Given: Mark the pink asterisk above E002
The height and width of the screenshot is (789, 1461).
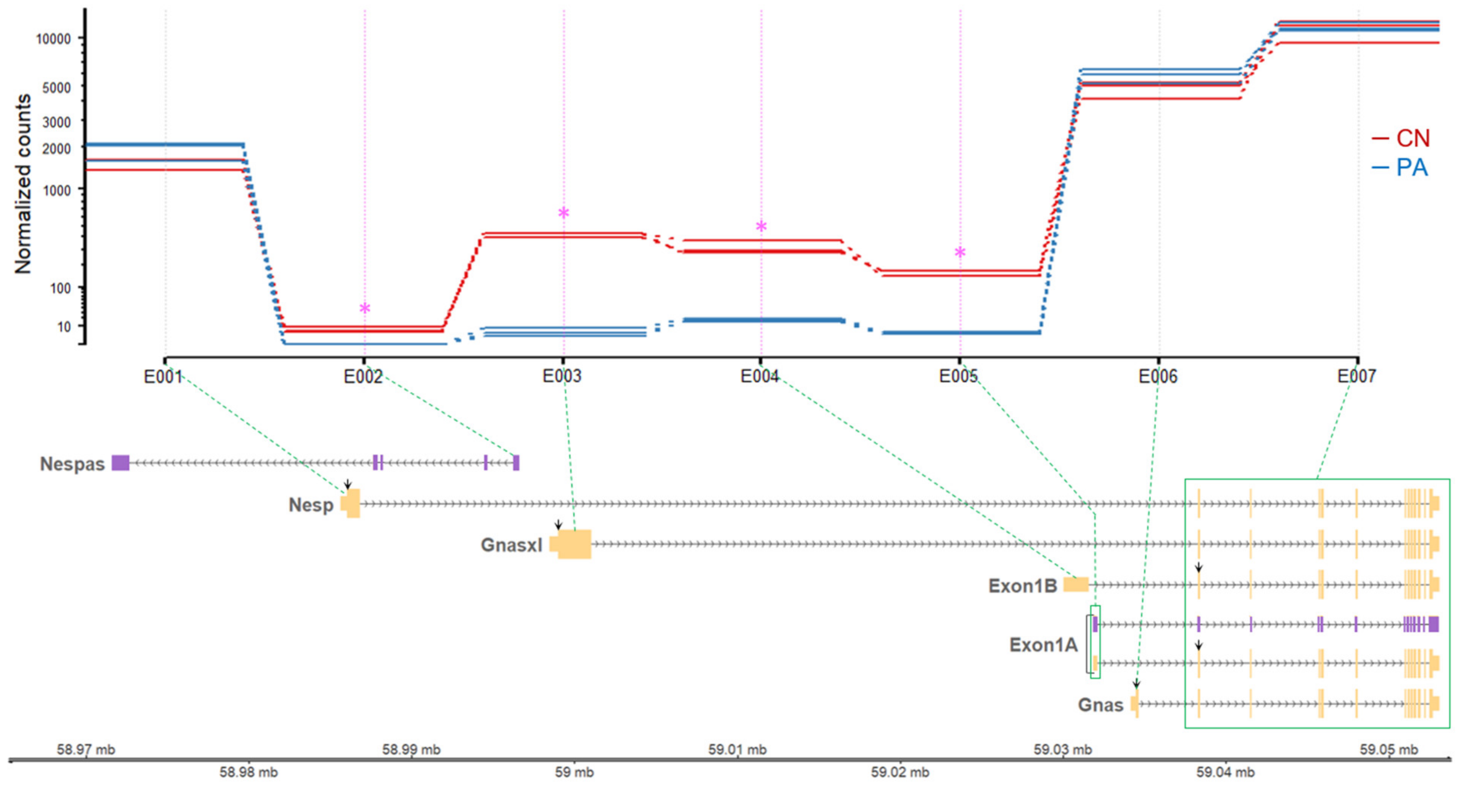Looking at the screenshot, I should pos(365,309).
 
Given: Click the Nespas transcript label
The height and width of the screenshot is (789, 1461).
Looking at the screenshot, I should pos(72,464).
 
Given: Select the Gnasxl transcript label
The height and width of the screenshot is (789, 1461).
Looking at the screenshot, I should pos(511,545).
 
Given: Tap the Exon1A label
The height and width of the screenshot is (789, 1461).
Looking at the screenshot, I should pos(1043,645).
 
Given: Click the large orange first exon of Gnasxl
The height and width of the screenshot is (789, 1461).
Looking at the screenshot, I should pos(573,544).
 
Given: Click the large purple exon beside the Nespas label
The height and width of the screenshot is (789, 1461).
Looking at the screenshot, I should pos(120,463).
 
